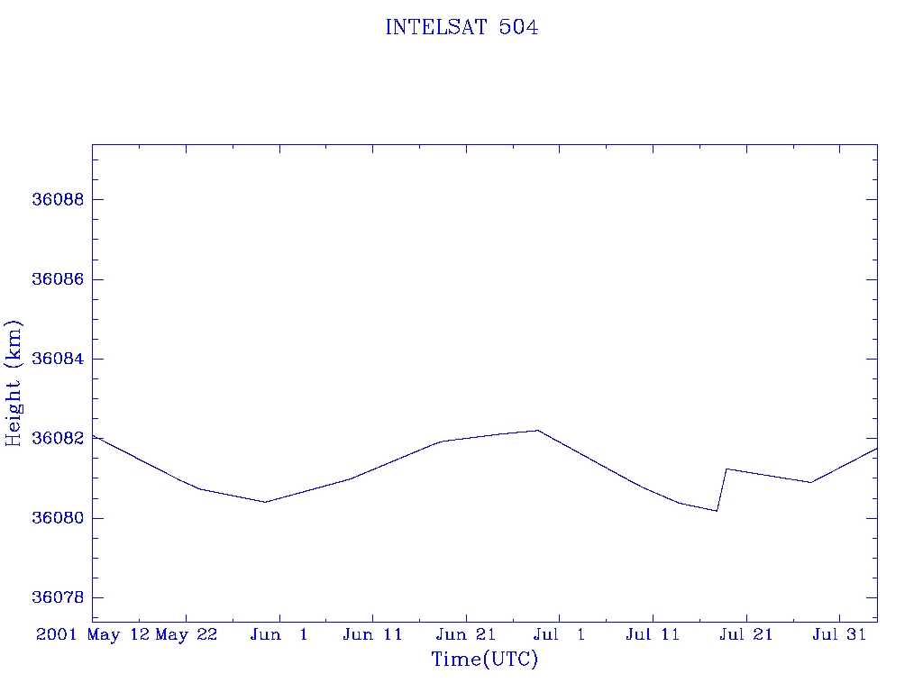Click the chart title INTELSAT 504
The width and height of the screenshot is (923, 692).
tap(461, 28)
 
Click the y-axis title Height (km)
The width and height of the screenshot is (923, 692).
tap(14, 383)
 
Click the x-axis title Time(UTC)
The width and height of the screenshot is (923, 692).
tap(484, 660)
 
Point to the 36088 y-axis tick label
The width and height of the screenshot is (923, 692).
tap(58, 200)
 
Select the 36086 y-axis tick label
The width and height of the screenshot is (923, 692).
tap(58, 279)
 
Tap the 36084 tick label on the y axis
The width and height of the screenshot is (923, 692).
tap(58, 360)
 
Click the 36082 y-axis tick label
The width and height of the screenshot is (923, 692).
tap(58, 439)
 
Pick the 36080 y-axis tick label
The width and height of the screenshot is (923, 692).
tap(58, 519)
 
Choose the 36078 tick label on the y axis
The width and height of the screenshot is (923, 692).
tap(58, 598)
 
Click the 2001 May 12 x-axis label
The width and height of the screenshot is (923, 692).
tap(92, 635)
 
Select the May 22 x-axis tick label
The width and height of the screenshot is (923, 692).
tap(187, 635)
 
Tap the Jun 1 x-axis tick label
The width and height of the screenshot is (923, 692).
tap(279, 635)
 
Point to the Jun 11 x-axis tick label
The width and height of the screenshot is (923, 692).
tap(372, 635)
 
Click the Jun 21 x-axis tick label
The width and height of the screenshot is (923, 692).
tap(466, 635)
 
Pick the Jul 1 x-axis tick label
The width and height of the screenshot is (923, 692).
tap(560, 635)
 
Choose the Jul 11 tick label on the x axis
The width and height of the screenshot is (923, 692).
tap(653, 635)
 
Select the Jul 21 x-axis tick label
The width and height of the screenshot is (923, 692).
tap(746, 635)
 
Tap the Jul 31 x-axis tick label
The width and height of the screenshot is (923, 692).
tap(839, 635)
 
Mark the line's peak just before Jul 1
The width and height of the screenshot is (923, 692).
tap(537, 431)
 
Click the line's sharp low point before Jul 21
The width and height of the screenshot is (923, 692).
tap(717, 511)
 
